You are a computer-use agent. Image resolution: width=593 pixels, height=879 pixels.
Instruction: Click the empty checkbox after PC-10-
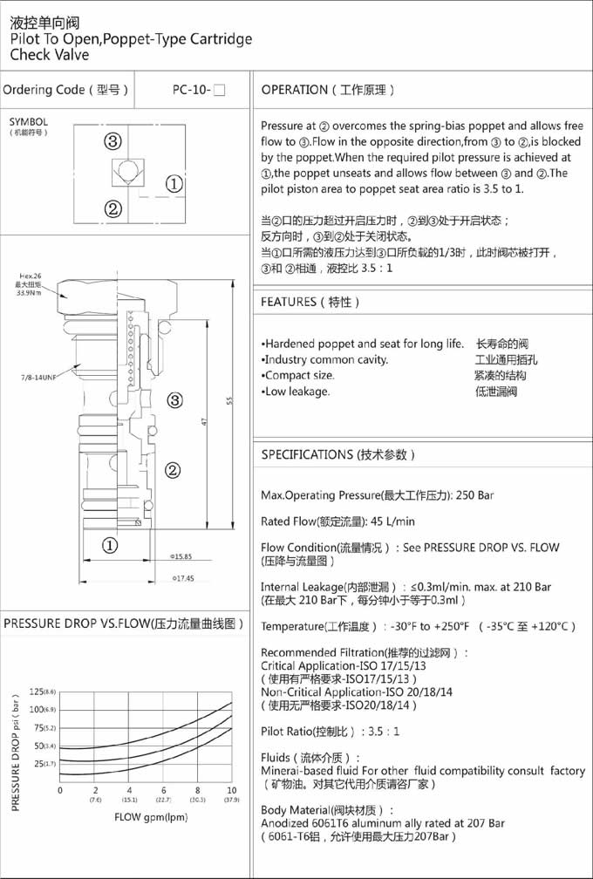click(219, 90)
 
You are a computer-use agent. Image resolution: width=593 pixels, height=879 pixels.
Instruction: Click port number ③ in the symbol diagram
click(112, 141)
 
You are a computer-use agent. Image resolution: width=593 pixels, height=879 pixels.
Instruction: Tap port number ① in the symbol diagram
click(174, 183)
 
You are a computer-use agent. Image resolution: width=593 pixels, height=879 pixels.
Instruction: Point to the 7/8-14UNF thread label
click(38, 377)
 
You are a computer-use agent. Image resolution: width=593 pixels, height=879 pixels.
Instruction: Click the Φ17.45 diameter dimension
click(182, 578)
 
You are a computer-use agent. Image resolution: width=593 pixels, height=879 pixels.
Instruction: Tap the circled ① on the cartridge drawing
click(110, 546)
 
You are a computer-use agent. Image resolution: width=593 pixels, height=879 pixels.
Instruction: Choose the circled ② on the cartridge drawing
click(173, 471)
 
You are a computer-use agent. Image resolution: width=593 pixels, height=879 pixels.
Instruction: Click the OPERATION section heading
click(328, 90)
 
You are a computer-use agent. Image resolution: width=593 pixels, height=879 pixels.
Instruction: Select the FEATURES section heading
click(310, 302)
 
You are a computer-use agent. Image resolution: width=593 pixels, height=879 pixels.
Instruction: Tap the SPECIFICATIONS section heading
click(338, 454)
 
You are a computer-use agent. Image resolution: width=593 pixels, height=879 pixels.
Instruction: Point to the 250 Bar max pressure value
click(474, 495)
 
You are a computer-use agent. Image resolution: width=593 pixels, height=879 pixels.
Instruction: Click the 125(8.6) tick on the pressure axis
click(42, 692)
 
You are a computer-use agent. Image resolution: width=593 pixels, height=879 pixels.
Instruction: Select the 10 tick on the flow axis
click(231, 789)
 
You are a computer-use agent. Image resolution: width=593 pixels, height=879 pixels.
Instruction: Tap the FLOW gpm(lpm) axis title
click(151, 817)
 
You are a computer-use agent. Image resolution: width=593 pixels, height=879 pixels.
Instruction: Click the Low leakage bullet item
click(296, 392)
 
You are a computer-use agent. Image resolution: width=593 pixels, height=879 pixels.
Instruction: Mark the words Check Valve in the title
click(50, 55)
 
